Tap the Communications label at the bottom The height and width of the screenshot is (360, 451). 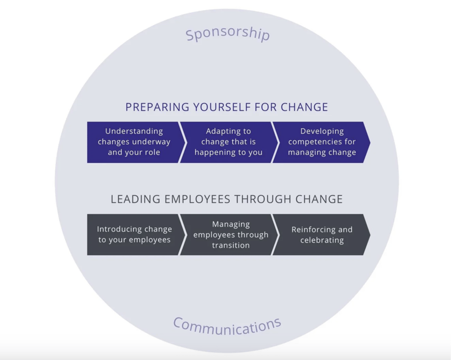click(227, 326)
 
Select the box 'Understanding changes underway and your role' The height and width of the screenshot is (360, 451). click(134, 142)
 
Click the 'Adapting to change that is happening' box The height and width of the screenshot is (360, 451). click(228, 142)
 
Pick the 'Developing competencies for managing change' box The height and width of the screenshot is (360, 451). click(322, 142)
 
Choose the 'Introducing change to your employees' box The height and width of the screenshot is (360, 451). click(134, 235)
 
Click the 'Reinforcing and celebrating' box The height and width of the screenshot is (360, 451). click(322, 235)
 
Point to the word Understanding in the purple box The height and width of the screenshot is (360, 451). click(134, 131)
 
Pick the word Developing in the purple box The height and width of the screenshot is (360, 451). click(322, 131)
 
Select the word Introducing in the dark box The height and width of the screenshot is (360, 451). click(120, 229)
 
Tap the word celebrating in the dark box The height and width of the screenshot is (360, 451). click(322, 240)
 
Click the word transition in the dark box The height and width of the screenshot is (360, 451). click(230, 245)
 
